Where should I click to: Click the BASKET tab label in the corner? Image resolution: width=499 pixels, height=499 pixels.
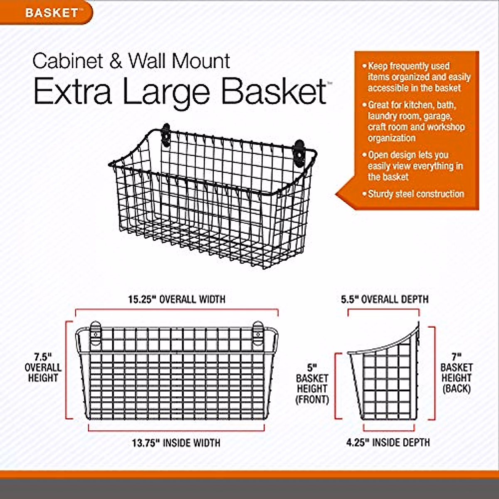point(52,12)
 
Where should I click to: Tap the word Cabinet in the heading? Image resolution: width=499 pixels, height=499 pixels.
point(68,61)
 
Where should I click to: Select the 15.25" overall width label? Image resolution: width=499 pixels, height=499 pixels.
point(176,299)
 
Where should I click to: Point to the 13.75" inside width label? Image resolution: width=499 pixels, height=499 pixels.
point(176,443)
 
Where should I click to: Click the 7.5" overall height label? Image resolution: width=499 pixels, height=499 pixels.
point(43,368)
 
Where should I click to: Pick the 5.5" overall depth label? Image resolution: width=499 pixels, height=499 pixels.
point(385,299)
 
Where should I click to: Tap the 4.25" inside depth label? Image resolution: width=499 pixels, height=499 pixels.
point(388,442)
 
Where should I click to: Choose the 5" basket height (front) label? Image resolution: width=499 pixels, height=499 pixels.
point(312,384)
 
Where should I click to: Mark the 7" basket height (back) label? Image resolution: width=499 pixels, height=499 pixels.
point(457,373)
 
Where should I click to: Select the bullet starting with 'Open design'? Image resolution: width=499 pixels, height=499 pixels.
point(415,166)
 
